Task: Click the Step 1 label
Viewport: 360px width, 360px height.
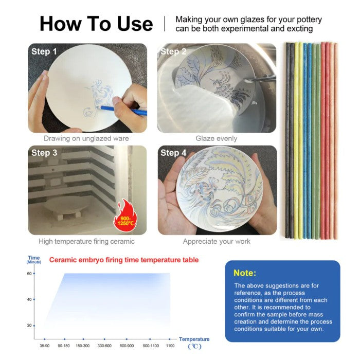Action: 44,51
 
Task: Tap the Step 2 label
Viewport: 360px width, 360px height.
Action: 173,51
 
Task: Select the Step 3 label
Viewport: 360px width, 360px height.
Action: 44,153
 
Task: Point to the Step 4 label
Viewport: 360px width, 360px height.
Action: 173,153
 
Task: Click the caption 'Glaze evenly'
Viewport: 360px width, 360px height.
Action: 217,138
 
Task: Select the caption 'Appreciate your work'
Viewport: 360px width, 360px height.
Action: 217,241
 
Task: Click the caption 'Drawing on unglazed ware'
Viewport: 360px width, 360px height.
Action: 86,138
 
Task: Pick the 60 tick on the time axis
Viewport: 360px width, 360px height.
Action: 34,274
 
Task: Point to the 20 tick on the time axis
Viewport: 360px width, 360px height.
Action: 34,326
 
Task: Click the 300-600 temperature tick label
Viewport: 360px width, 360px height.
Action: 104,346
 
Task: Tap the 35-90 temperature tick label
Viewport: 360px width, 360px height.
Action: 44,346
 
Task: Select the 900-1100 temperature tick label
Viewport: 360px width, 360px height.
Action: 151,346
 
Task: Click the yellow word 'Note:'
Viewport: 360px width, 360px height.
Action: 245,273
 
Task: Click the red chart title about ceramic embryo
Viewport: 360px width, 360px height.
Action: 124,260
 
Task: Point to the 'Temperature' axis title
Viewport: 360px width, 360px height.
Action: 194,339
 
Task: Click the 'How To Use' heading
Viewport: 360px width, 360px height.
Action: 96,24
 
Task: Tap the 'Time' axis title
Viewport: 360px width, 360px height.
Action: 34,258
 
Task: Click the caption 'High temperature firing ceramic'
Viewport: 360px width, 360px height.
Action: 86,241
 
